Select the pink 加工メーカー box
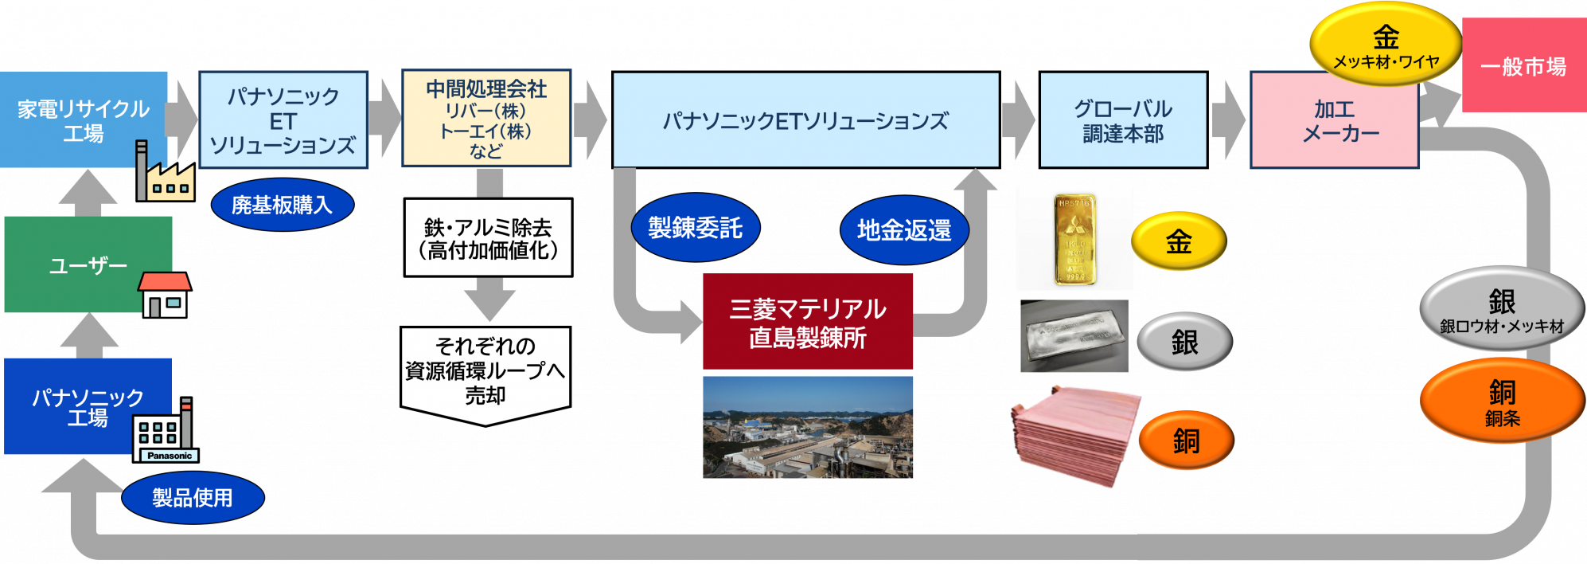point(1334,121)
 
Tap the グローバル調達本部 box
point(1123,120)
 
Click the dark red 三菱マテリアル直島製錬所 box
point(807,322)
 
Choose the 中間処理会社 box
point(486,119)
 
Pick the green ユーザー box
point(88,264)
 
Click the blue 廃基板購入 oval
point(282,205)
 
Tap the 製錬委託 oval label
point(695,229)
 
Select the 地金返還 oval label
point(904,230)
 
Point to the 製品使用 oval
point(193,498)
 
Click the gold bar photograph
point(1074,239)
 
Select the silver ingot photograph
point(1074,336)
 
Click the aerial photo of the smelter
point(807,428)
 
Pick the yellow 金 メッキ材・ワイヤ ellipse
point(1385,45)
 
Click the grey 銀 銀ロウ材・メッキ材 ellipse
point(1502,309)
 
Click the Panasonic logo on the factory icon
point(169,456)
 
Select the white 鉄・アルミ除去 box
point(488,237)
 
